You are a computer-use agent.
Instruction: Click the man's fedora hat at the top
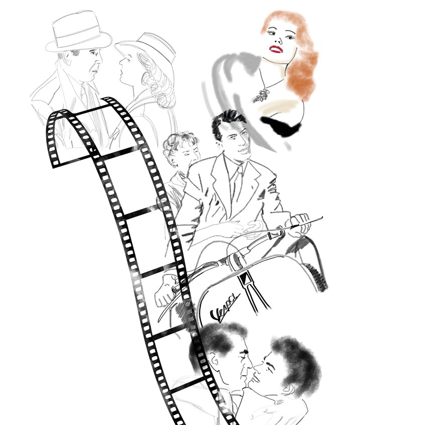pyautogui.click(x=78, y=32)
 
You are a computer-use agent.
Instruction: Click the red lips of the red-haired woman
pyautogui.click(x=276, y=49)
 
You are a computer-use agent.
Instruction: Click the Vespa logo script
pyautogui.click(x=225, y=308)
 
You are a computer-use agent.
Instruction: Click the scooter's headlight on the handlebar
pyautogui.click(x=236, y=261)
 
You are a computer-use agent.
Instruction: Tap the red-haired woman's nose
pyautogui.click(x=278, y=40)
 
